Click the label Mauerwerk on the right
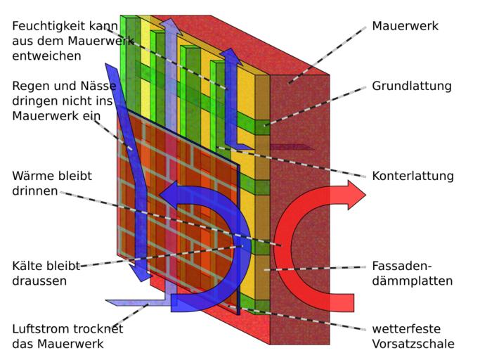[x=405, y=26]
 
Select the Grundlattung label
[x=411, y=86]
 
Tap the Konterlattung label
[x=413, y=176]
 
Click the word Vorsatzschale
[x=413, y=344]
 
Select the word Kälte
[x=29, y=266]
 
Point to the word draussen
[x=39, y=281]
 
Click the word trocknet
[x=98, y=329]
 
